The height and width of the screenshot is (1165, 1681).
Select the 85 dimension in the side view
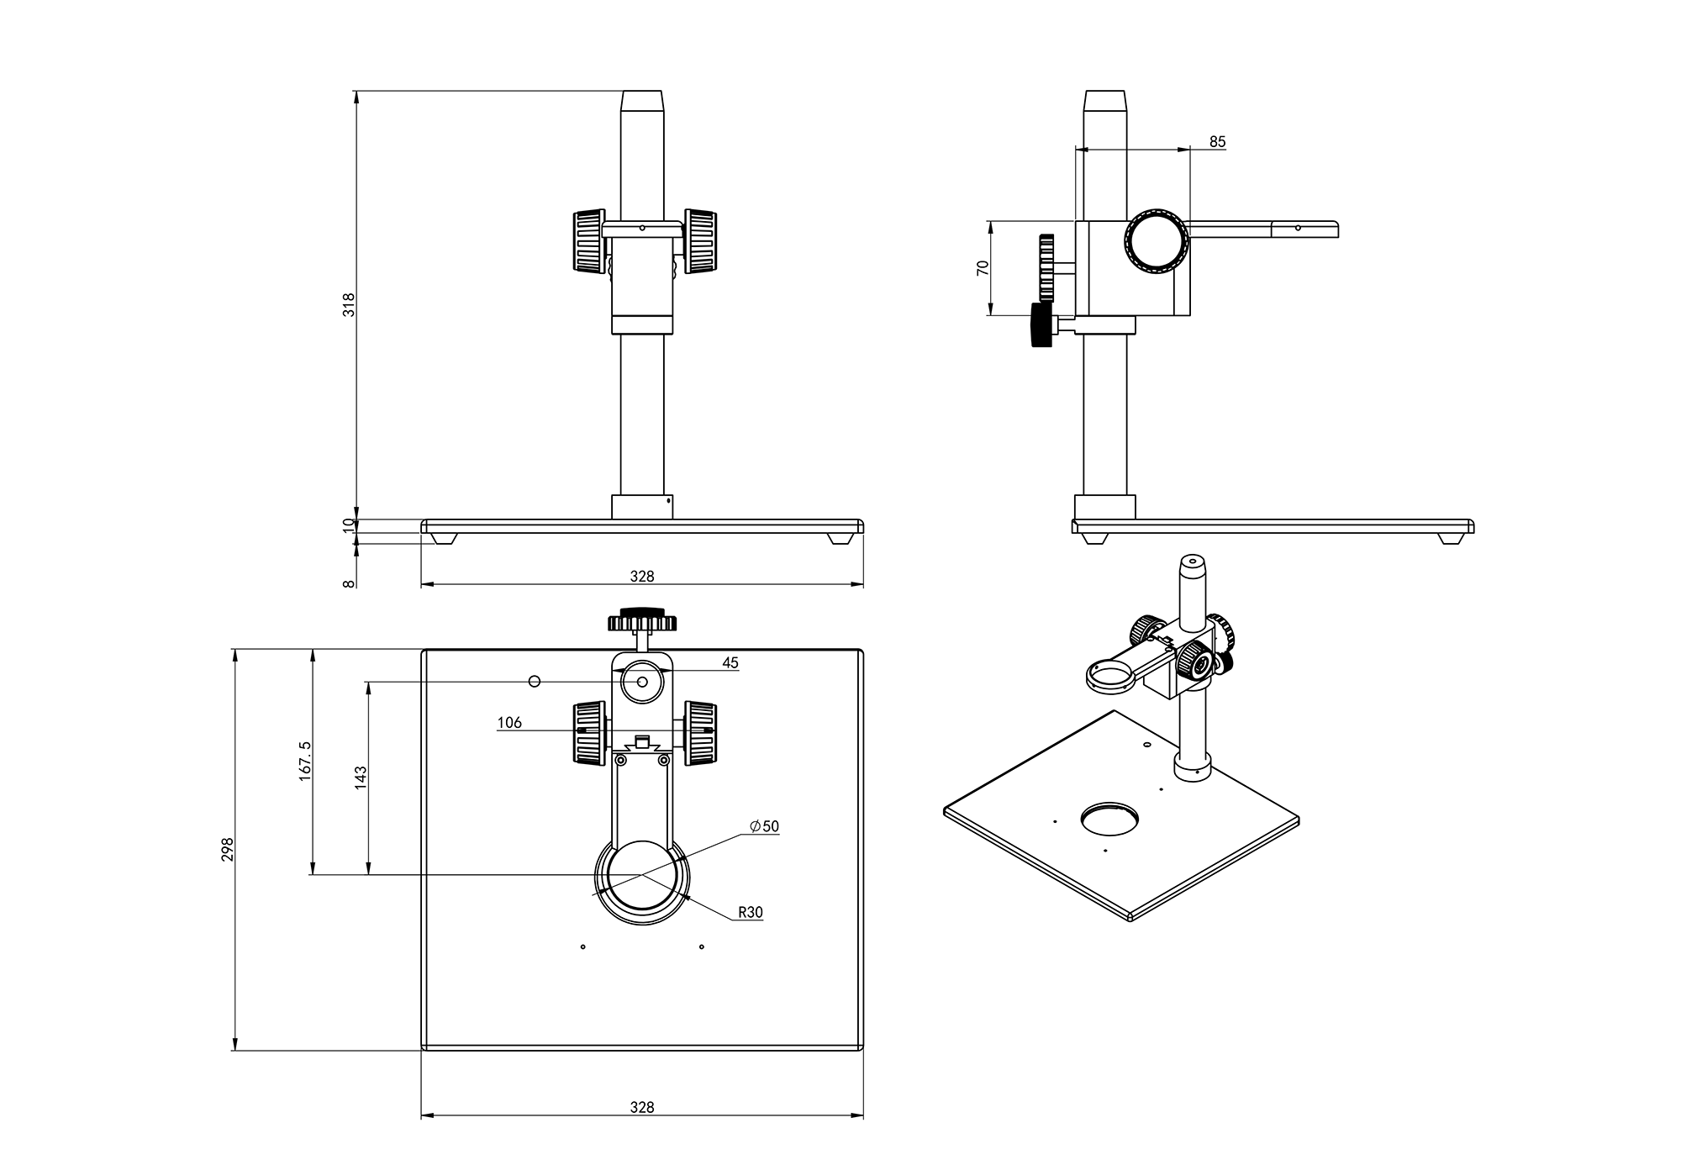click(x=1217, y=142)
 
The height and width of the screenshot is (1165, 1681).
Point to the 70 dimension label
click(x=983, y=268)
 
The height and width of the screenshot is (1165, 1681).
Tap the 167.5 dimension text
click(x=305, y=761)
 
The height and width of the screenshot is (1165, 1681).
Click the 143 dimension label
click(x=361, y=777)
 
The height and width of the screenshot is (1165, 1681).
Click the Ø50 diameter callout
click(x=764, y=826)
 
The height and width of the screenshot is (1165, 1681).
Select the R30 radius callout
click(x=750, y=912)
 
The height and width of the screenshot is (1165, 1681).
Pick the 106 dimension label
click(x=509, y=723)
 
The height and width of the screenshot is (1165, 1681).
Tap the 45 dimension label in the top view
click(x=730, y=663)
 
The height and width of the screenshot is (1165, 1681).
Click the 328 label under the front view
click(x=641, y=577)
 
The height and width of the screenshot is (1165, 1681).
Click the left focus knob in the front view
click(x=588, y=240)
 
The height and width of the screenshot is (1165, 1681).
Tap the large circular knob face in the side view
click(x=1157, y=241)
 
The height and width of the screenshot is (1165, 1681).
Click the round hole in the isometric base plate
click(x=1109, y=818)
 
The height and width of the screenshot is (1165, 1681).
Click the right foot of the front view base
click(x=839, y=538)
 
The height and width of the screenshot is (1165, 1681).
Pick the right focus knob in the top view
click(x=700, y=733)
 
